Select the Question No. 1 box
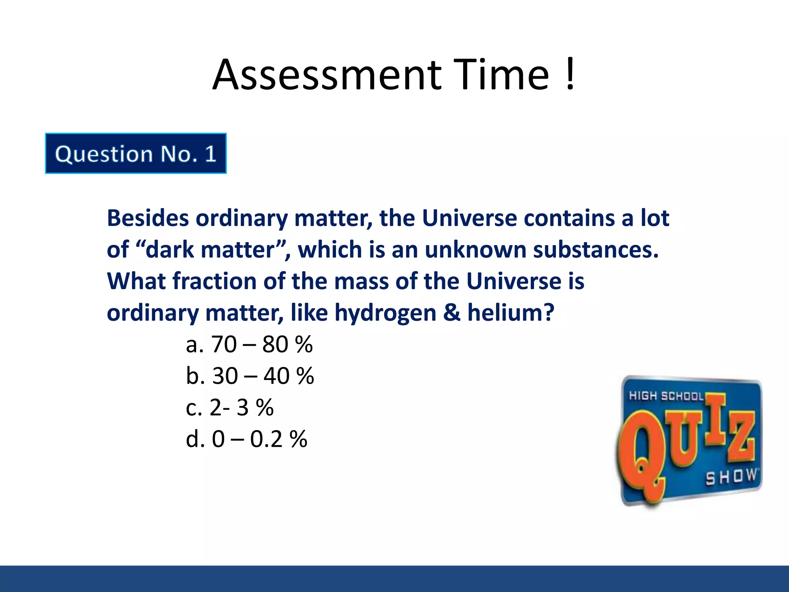[x=136, y=153]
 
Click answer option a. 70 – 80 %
[x=249, y=344]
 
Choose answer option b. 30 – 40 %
[x=250, y=376]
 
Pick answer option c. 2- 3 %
[x=230, y=407]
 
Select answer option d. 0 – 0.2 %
[x=247, y=439]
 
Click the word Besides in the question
[x=148, y=218]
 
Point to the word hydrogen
[x=385, y=313]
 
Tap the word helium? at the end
[x=510, y=313]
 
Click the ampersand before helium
[x=452, y=313]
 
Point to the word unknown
[x=475, y=250]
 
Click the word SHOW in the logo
[x=731, y=477]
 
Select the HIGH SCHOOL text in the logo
[x=666, y=396]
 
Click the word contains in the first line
[x=569, y=218]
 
